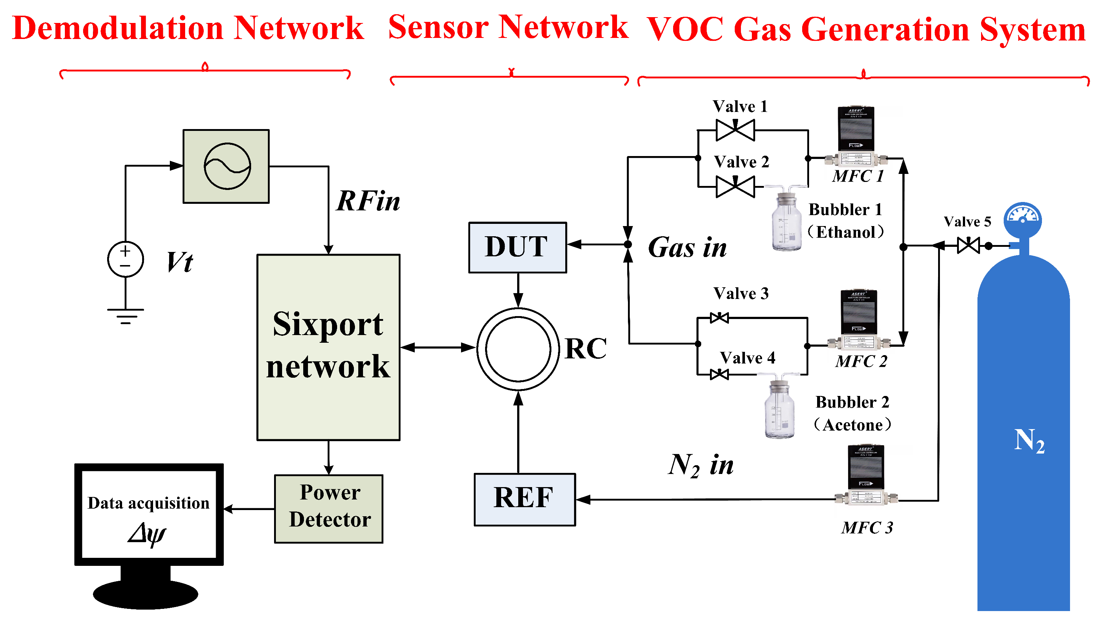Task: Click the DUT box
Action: coord(518,247)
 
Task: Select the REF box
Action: coord(525,499)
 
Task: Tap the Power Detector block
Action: coord(329,509)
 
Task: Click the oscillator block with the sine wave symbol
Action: coord(226,166)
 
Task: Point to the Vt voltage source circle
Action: coord(125,259)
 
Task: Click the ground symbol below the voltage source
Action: coord(125,316)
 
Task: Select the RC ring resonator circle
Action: coord(518,349)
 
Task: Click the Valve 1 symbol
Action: coord(735,130)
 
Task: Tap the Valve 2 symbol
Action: coord(735,187)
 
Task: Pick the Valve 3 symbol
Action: coord(719,318)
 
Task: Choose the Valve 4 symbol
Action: coord(719,375)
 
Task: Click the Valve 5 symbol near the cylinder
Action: coord(968,246)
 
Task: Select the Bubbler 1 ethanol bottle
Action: coord(786,222)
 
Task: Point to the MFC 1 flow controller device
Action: coord(856,136)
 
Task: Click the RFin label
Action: coord(368,201)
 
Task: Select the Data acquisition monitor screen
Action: coord(149,515)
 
